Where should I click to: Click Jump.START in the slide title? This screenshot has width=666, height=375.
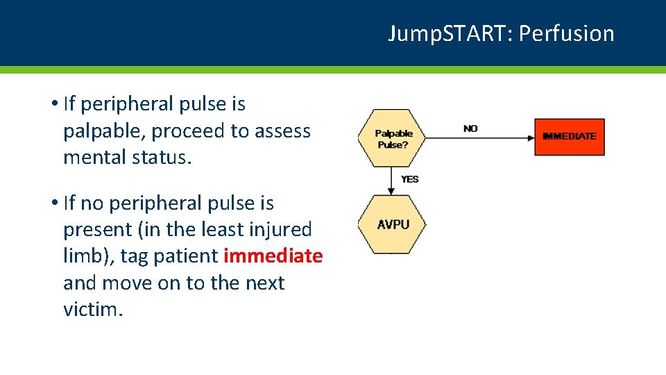[450, 33]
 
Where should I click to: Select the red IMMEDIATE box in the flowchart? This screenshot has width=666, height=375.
[570, 136]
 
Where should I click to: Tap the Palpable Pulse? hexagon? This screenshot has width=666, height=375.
[393, 138]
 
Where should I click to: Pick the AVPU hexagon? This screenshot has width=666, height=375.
[393, 224]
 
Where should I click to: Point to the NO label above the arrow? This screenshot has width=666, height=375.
[470, 128]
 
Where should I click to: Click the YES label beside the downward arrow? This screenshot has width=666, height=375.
[410, 179]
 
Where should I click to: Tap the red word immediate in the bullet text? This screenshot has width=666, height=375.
[273, 256]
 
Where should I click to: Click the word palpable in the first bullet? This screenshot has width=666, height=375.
[102, 131]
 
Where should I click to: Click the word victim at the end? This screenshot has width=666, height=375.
[92, 309]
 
